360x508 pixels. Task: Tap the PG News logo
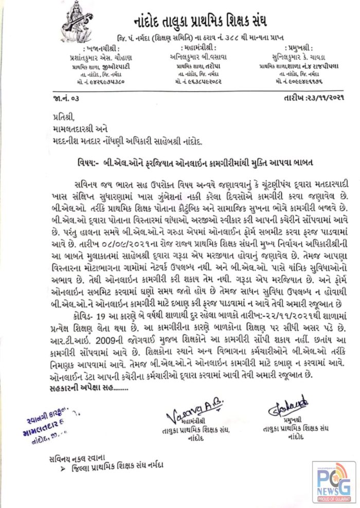pos(333,481)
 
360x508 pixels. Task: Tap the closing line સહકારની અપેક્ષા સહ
pos(78,390)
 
